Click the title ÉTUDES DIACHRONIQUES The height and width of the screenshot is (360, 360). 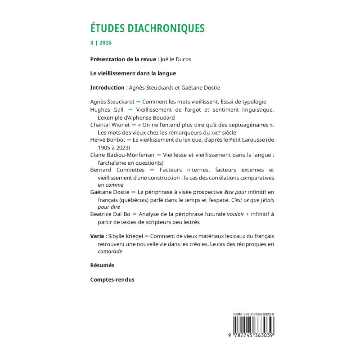pyautogui.click(x=147, y=28)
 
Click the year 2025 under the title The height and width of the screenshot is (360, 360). pyautogui.click(x=106, y=43)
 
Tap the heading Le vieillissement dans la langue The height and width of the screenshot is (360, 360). pyautogui.click(x=133, y=73)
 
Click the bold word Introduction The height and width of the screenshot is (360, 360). pyautogui.click(x=107, y=87)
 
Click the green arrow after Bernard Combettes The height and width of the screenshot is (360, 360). pyautogui.click(x=151, y=170)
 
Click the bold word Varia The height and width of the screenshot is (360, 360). pyautogui.click(x=97, y=236)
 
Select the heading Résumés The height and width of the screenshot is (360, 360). pyautogui.click(x=102, y=265)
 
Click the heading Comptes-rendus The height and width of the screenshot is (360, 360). pyautogui.click(x=112, y=279)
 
